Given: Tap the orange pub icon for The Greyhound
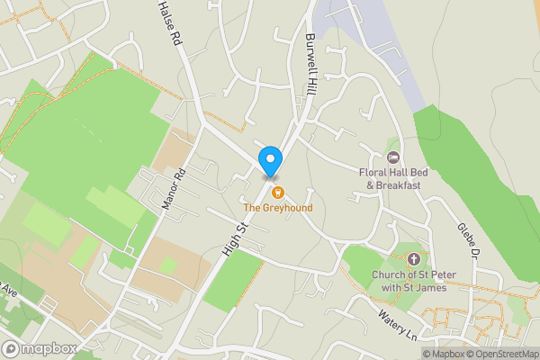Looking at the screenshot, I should click(277, 192).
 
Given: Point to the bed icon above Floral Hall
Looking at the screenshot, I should click(392, 157).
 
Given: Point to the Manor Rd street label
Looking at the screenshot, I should click(171, 188).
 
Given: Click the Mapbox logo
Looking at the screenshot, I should click(40, 348).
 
